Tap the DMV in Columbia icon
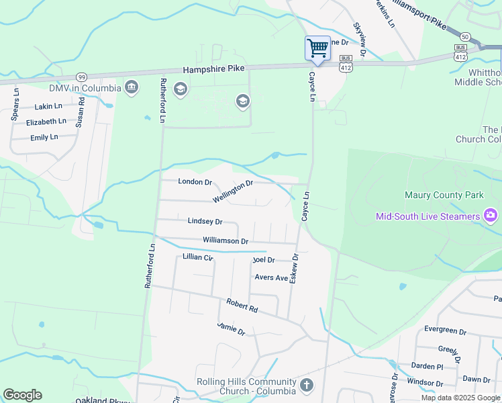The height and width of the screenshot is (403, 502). click(x=132, y=87)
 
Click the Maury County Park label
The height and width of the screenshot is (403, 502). click(x=444, y=195)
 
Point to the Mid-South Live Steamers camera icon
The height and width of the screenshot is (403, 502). click(x=491, y=216)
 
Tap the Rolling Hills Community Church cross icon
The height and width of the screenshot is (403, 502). click(x=306, y=386)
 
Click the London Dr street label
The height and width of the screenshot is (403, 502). click(x=195, y=182)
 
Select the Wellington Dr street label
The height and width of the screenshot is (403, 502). click(x=232, y=191)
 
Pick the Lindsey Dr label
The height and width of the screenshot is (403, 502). click(x=205, y=221)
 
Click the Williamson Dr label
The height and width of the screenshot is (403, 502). click(x=225, y=240)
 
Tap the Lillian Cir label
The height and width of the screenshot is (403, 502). click(x=197, y=257)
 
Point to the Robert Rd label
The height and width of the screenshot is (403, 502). click(x=242, y=306)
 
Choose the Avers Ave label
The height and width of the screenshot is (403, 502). click(x=271, y=277)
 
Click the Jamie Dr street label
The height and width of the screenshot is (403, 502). click(x=232, y=328)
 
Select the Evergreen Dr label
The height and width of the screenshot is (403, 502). click(x=445, y=330)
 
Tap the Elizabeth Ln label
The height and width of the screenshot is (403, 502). click(x=46, y=122)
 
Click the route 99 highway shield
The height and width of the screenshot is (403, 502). click(x=81, y=77)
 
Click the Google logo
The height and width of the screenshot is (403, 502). click(x=22, y=395)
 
